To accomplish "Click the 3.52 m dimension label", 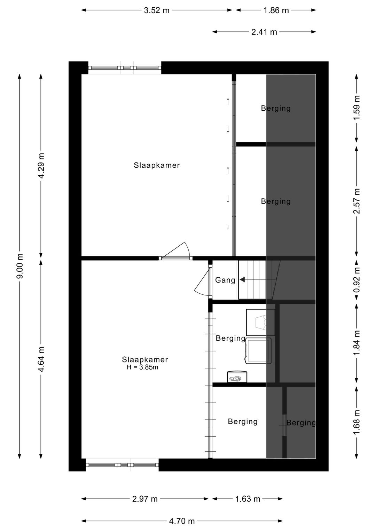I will click(157, 10).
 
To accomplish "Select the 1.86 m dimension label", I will click(276, 10).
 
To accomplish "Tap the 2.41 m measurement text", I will click(264, 32).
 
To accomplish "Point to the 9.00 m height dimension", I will click(20, 266).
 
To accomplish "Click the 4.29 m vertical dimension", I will click(41, 166).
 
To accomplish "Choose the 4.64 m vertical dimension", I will click(41, 359).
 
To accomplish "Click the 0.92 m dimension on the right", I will click(357, 280).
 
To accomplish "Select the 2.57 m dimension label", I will click(357, 201).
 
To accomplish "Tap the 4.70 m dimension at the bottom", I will click(182, 521).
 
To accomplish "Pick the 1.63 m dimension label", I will click(248, 499).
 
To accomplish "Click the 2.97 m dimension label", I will click(145, 499).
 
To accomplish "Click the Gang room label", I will click(225, 280).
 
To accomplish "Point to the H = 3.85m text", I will click(142, 367).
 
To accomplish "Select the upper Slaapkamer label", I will click(157, 165).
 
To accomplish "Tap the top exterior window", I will click(125, 68).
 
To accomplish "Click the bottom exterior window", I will click(122, 465).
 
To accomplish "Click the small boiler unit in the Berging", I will click(237, 377).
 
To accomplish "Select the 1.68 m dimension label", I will click(357, 422).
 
